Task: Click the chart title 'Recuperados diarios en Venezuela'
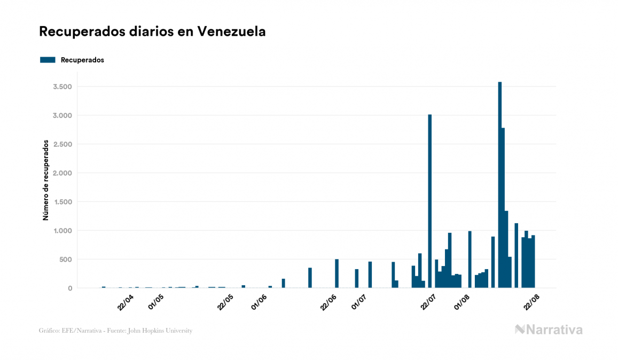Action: click(x=152, y=32)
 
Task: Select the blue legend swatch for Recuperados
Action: click(x=48, y=60)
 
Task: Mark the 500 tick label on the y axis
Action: click(x=65, y=260)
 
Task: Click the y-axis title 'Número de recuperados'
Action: click(x=46, y=180)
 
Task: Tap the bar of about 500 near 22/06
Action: click(x=337, y=273)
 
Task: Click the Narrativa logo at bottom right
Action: click(x=549, y=330)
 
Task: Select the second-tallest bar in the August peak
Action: click(x=503, y=208)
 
